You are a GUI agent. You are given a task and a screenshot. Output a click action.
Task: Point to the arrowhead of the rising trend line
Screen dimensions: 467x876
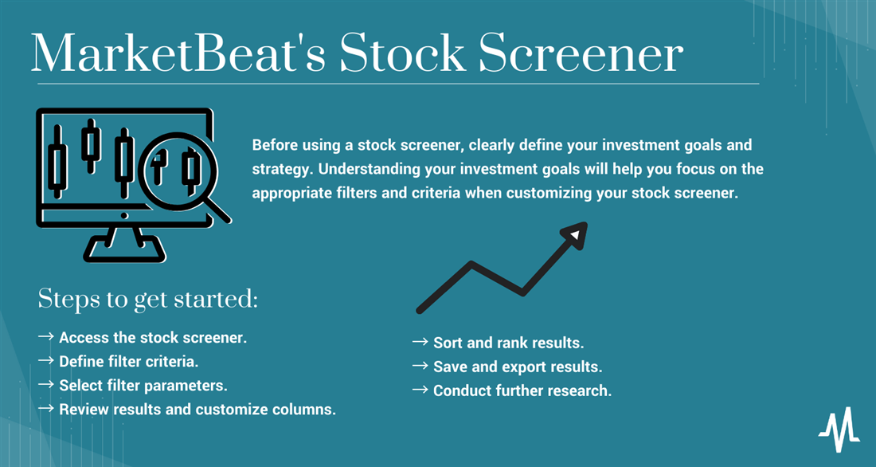point(574,234)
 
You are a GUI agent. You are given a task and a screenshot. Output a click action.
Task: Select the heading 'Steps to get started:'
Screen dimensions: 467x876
point(147,300)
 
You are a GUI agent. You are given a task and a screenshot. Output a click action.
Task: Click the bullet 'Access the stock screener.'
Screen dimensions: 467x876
point(152,337)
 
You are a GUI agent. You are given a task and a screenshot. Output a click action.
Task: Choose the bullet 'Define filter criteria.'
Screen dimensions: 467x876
point(128,361)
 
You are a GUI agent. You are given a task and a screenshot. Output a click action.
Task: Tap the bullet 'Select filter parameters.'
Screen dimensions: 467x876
point(143,385)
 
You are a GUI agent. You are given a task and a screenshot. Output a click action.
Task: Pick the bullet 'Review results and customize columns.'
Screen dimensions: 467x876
point(197,410)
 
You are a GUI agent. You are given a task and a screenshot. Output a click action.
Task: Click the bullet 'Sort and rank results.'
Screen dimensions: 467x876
point(508,343)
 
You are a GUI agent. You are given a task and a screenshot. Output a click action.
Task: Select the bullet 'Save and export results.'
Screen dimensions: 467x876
point(517,367)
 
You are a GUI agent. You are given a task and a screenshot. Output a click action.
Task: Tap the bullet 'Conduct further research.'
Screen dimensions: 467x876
point(522,390)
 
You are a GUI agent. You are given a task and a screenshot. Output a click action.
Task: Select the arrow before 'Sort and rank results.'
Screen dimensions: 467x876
point(420,343)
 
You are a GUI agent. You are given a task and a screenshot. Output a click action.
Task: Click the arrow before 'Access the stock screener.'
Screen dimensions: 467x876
point(45,337)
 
